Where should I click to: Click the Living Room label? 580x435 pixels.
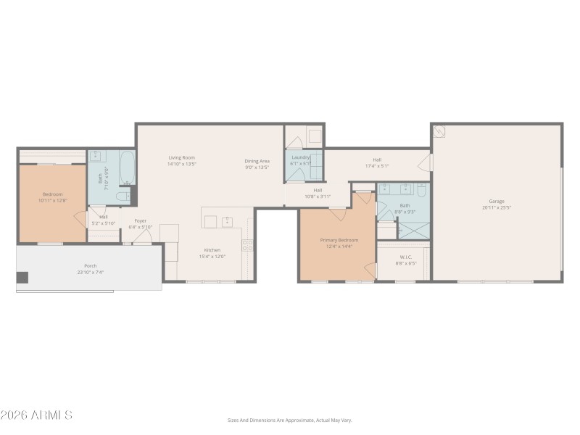click(182, 157)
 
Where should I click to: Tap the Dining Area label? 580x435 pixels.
click(257, 161)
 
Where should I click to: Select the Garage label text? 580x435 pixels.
click(497, 201)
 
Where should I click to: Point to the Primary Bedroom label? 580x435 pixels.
click(339, 240)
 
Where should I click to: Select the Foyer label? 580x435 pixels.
click(140, 220)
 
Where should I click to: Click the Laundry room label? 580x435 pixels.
click(300, 157)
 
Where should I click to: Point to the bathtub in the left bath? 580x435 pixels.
click(126, 168)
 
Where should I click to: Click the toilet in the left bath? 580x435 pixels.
click(123, 195)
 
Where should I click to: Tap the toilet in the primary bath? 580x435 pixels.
click(420, 192)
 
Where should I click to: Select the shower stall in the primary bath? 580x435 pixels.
click(413, 229)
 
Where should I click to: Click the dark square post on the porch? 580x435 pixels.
click(22, 277)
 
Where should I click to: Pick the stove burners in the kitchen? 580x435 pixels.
click(247, 245)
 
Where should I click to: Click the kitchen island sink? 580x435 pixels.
click(226, 220)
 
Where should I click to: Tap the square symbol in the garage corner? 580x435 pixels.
click(439, 132)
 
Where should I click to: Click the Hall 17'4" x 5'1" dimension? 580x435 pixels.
click(377, 166)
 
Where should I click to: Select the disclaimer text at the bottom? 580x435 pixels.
click(290, 420)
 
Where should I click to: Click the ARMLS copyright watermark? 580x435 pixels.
click(36, 415)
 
